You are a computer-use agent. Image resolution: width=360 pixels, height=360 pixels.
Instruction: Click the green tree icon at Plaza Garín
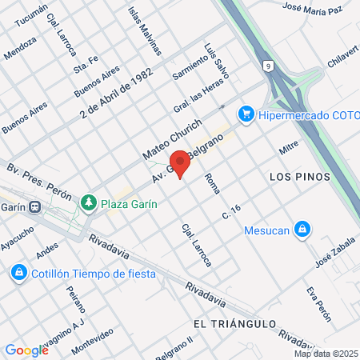pos(89,203)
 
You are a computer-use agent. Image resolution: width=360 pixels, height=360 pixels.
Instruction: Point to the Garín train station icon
pos(35,206)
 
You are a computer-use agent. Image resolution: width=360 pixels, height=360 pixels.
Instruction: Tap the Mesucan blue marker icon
pos(301,230)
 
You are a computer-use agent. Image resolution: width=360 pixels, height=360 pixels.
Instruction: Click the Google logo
pos(26,350)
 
